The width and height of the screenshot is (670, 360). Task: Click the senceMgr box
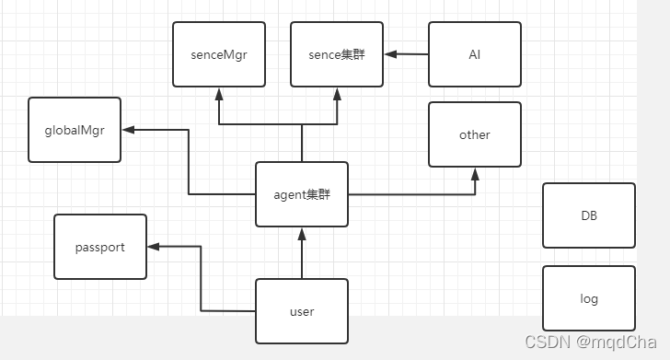click(219, 54)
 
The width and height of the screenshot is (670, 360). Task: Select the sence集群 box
click(337, 54)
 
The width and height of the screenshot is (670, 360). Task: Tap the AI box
click(475, 54)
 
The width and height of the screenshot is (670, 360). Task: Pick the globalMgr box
click(75, 130)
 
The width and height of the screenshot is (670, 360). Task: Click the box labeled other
click(475, 134)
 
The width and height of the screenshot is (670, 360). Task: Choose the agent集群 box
click(302, 194)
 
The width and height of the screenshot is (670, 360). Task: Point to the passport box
click(100, 247)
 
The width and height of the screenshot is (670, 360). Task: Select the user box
click(302, 311)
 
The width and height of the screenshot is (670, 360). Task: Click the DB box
click(589, 215)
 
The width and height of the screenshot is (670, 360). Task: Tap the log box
click(589, 298)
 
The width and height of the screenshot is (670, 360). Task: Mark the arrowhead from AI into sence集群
click(390, 54)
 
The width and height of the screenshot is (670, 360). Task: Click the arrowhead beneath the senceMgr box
click(219, 93)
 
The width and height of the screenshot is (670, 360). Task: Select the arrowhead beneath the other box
click(475, 173)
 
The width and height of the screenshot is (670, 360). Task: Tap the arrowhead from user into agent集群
click(302, 233)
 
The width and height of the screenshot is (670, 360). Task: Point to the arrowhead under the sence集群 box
click(337, 93)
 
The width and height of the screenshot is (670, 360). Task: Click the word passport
click(100, 247)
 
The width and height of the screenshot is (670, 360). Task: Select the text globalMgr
click(75, 130)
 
